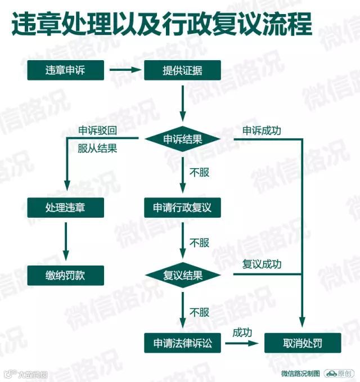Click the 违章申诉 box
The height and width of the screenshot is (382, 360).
point(66,70)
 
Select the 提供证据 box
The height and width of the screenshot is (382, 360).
point(183,70)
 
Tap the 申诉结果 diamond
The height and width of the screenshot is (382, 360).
point(183,139)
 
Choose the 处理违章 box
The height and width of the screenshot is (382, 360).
point(66,207)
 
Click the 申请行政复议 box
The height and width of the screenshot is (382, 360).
point(183,207)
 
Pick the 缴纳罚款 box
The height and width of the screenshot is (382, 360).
point(66,275)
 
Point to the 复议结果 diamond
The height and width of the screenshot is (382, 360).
point(183,275)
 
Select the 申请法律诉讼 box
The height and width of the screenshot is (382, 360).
point(183,343)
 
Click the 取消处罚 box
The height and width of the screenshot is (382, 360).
point(303,343)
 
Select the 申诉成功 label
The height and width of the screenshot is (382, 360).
point(262,131)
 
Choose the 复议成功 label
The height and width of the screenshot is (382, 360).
point(262,264)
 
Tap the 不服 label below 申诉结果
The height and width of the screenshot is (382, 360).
point(199,172)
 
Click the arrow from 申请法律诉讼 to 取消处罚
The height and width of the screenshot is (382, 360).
point(242,343)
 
